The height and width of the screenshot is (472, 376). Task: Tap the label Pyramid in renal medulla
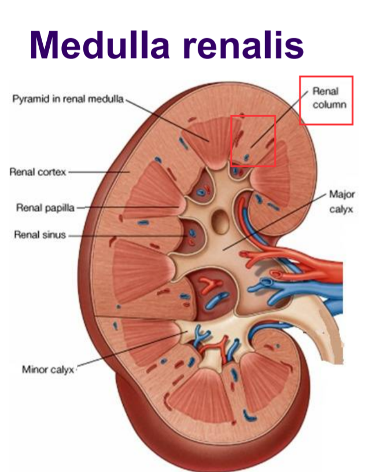tap(68, 99)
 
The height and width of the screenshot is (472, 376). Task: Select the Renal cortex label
tap(38, 172)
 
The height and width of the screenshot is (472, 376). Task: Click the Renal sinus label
tap(40, 235)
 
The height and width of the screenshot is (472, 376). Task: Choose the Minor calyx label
tap(48, 369)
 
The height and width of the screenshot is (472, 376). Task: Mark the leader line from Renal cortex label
tap(98, 172)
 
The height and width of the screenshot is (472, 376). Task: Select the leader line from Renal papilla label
tap(127, 207)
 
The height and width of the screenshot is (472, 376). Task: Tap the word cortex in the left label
tap(52, 172)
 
